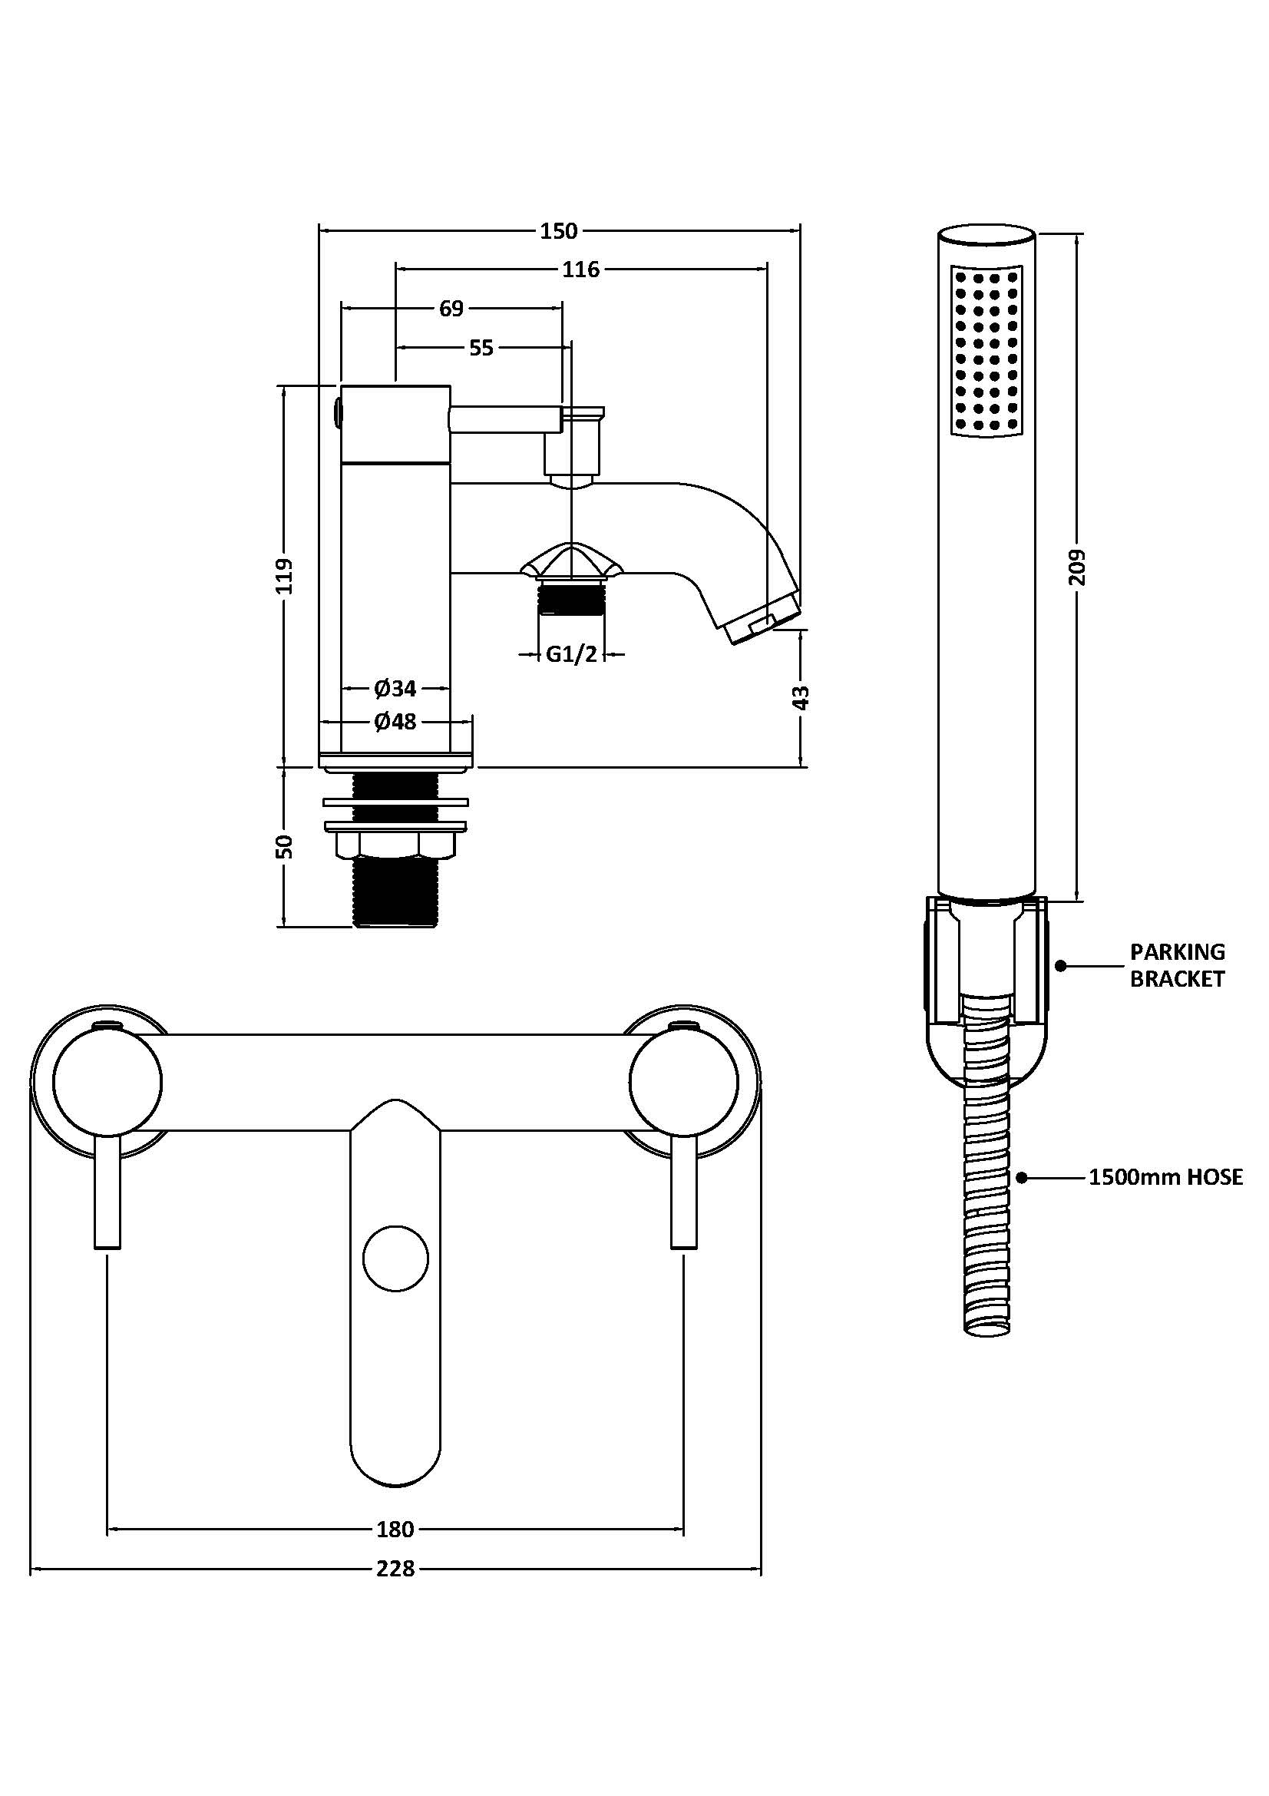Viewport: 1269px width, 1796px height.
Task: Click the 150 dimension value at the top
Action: point(558,232)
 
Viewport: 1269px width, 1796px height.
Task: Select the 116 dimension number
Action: point(581,270)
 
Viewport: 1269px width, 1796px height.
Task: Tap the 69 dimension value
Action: point(451,309)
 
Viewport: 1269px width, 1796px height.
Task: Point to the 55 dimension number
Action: point(481,348)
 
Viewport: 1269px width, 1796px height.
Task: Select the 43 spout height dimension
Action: point(801,697)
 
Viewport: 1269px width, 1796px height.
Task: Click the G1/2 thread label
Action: point(572,654)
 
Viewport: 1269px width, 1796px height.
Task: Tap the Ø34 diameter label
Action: point(395,688)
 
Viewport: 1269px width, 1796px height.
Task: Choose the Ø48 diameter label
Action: point(395,721)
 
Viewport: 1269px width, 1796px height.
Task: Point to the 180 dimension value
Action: point(395,1530)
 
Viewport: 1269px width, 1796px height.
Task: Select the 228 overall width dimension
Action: point(395,1569)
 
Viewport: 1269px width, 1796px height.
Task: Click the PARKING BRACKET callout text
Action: point(1177,965)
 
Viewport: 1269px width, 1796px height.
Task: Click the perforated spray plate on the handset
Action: point(986,351)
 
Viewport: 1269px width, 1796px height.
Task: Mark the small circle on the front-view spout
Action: point(395,1259)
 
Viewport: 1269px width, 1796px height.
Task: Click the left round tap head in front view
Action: point(108,1083)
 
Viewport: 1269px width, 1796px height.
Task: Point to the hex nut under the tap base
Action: point(395,844)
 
